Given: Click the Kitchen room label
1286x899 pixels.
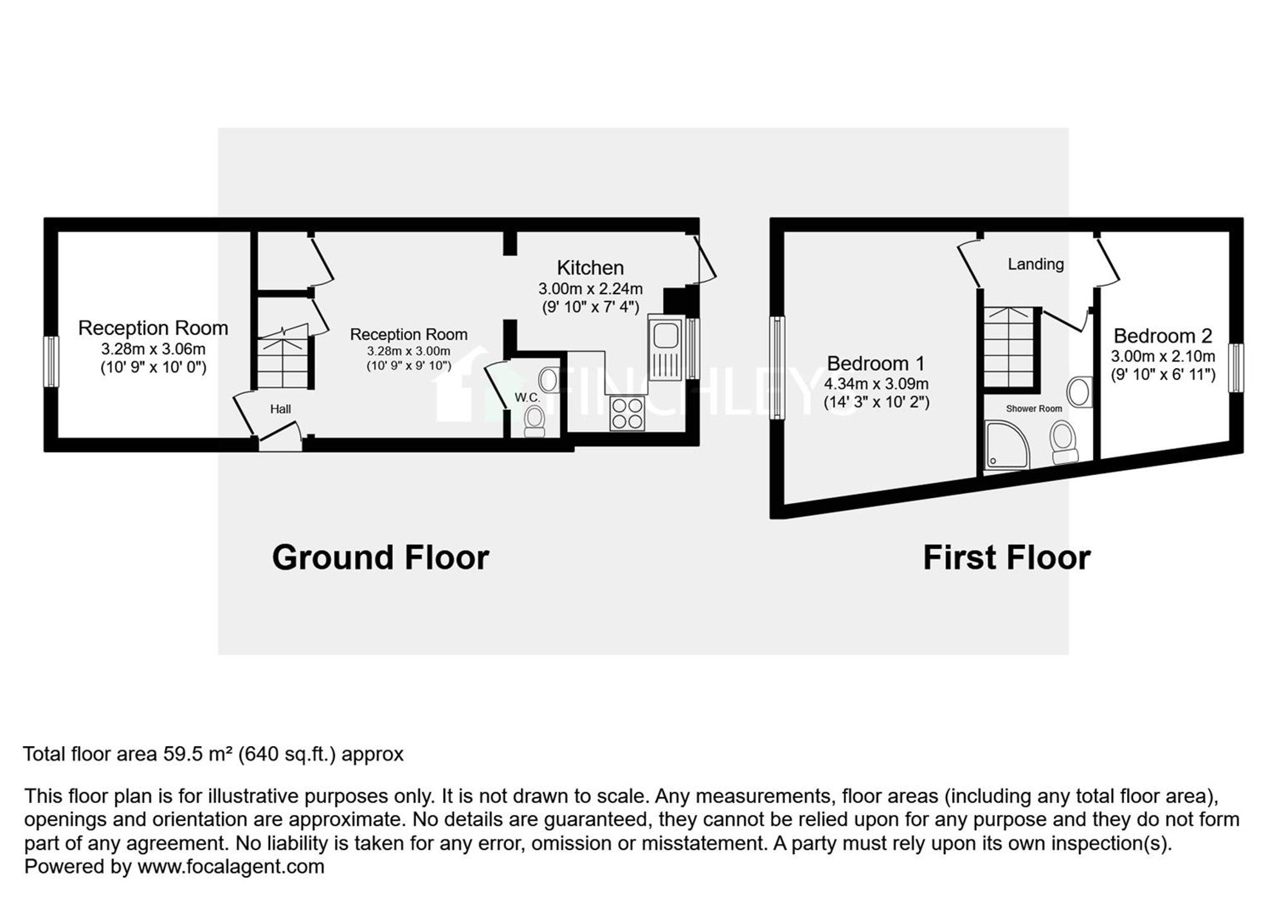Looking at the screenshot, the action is coord(590,267).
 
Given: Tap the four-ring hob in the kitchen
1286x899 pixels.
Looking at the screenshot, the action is coord(627,413).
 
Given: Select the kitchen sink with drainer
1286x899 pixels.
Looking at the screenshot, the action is coord(665,348).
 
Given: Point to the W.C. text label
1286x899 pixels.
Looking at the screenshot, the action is coord(527,398).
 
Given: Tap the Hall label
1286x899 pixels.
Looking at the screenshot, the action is coord(280,409).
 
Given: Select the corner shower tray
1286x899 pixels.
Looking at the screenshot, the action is coord(1007,445).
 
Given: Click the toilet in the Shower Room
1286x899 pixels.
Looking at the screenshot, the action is coord(1064,441).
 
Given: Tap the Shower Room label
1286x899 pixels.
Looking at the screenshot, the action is coord(1034,409).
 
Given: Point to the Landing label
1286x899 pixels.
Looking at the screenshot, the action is coord(1035,264).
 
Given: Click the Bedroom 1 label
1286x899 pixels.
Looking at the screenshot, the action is coord(876,363).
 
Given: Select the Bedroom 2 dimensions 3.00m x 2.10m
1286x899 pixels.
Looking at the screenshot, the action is coord(1163,356).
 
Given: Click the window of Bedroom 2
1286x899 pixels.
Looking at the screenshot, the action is coord(1236,368).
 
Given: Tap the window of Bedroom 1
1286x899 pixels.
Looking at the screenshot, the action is coord(777,368).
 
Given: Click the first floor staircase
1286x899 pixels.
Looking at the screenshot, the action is coord(1010,347).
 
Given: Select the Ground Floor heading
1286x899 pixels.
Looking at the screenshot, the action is coord(381,557).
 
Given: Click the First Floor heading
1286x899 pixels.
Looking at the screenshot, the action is coord(1007,557).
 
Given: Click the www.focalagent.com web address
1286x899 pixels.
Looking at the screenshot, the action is coord(231,866).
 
